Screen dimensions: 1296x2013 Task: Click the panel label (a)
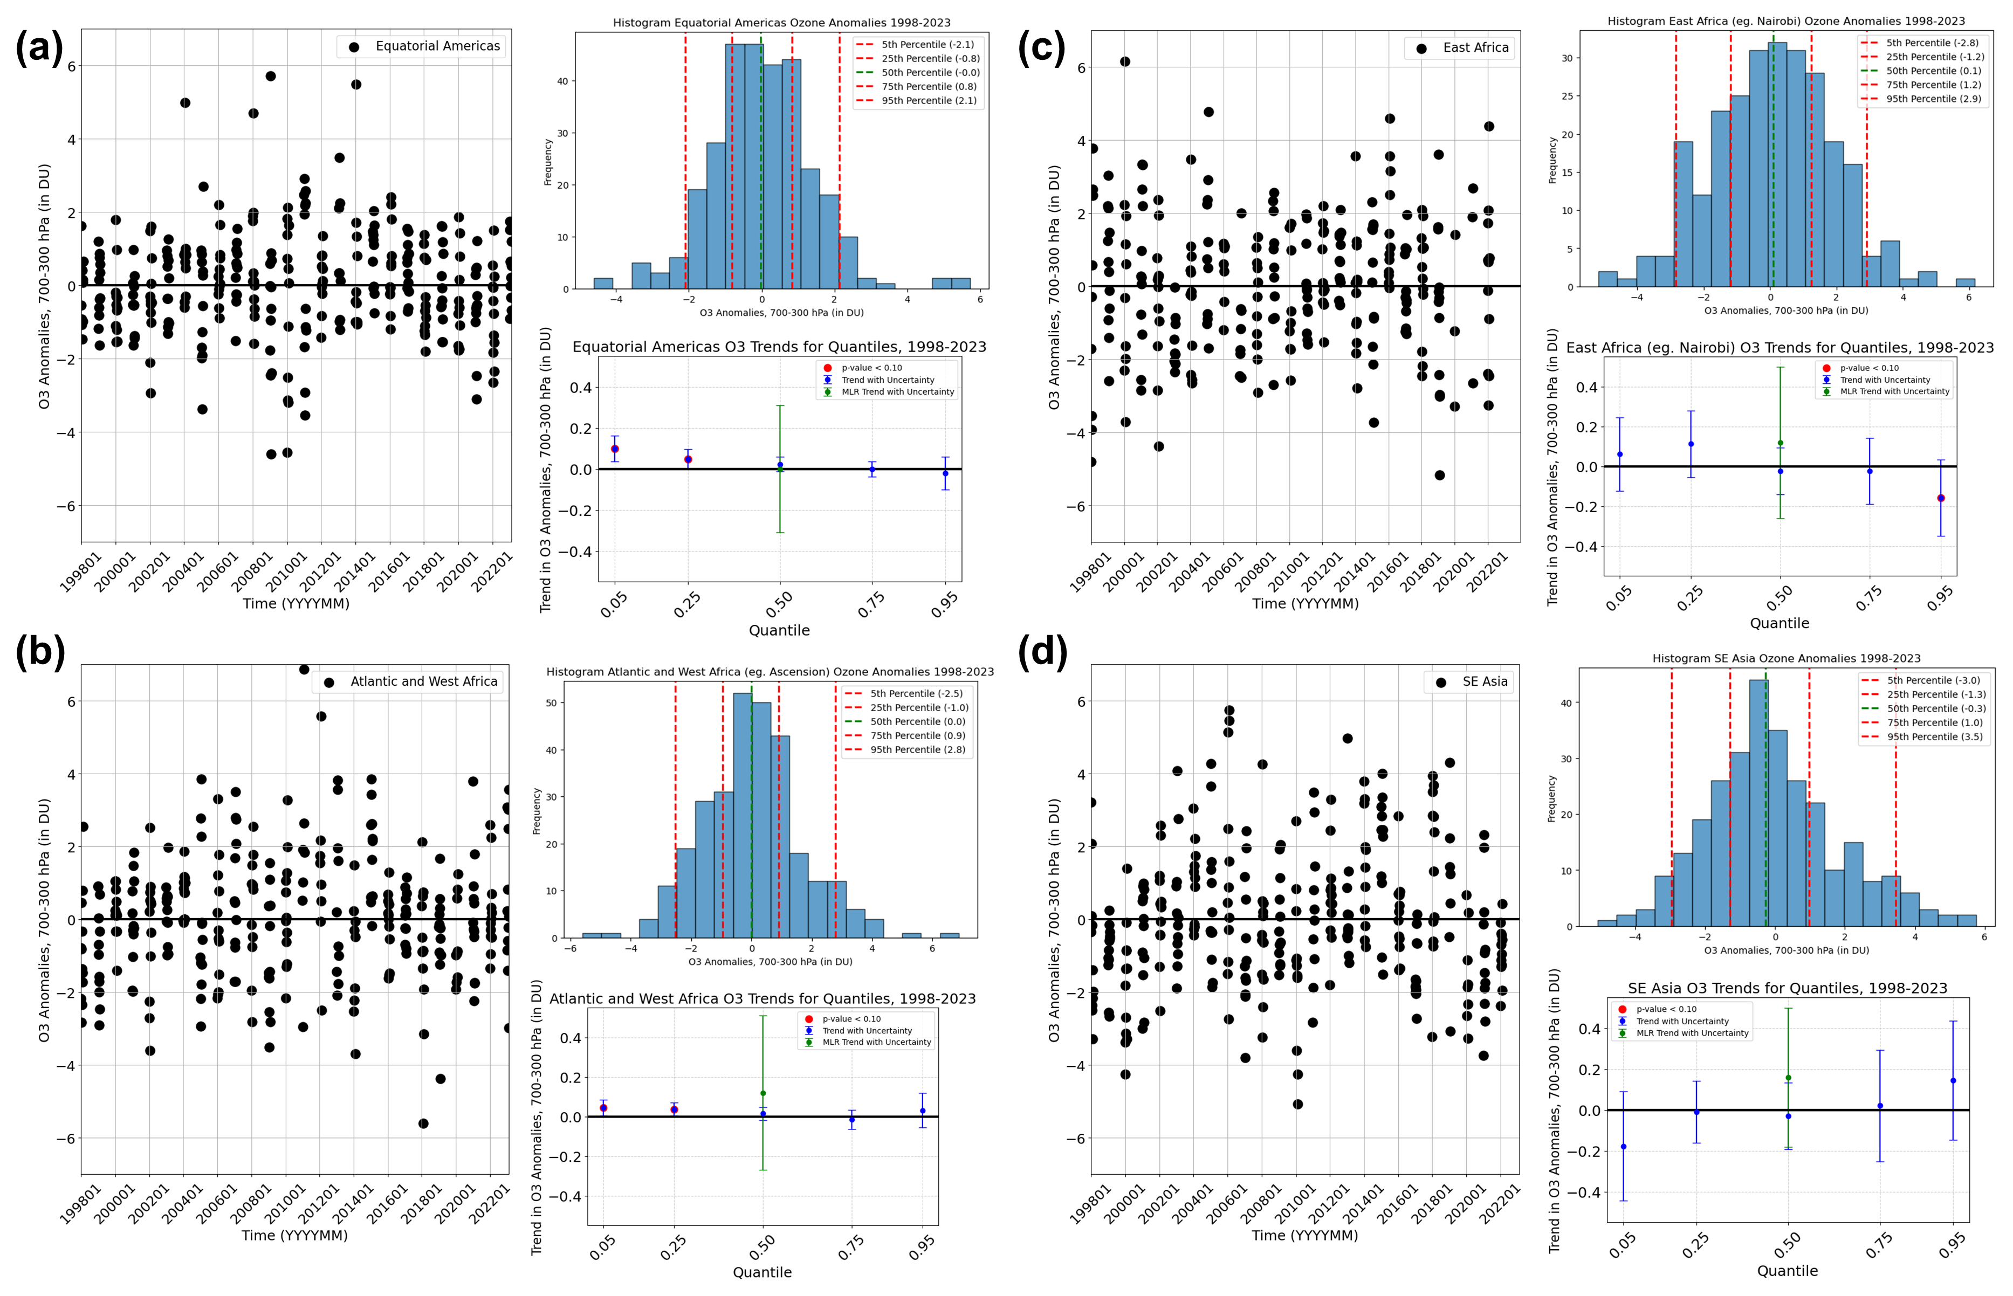point(39,48)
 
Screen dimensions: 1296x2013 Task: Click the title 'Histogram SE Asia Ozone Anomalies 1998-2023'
point(1786,658)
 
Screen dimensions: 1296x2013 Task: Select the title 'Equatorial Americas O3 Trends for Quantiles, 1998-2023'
point(779,347)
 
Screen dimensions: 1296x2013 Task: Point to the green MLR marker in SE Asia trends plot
point(1788,1078)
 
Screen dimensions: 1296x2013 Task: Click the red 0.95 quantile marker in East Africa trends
point(1941,498)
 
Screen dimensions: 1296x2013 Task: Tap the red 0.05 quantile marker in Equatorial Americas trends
point(614,449)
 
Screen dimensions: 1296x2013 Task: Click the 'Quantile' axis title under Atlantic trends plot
point(761,1272)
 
